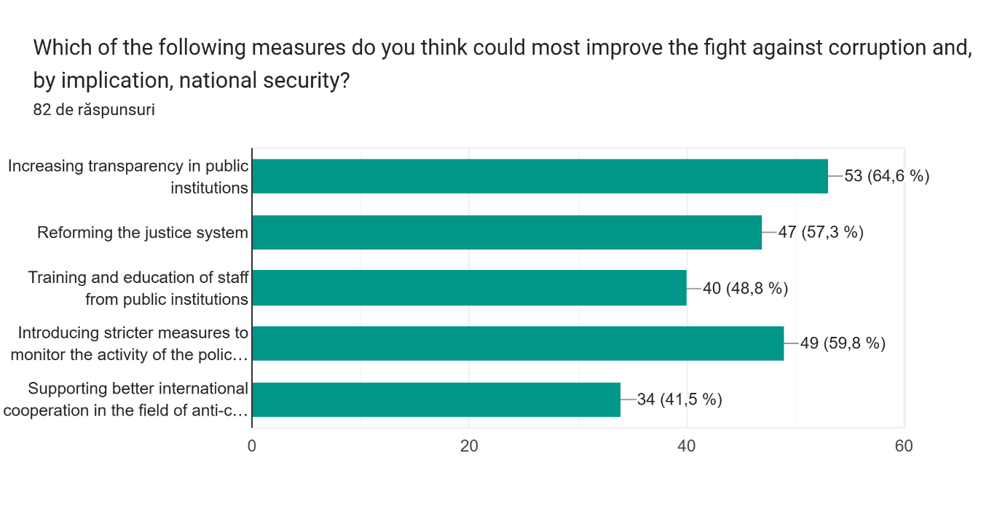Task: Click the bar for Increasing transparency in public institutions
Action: tap(540, 176)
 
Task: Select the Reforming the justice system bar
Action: tap(507, 232)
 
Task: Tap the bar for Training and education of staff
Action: tap(469, 288)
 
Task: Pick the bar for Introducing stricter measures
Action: tap(518, 343)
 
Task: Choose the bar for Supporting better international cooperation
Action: tap(436, 399)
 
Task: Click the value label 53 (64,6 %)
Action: tap(886, 176)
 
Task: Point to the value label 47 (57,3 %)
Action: tap(820, 232)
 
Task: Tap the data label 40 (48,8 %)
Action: tap(745, 288)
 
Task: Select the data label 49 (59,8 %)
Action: tap(843, 343)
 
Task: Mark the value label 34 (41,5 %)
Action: tap(679, 399)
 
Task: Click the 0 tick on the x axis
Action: tap(252, 446)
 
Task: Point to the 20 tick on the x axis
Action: tap(469, 446)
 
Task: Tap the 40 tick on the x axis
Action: tap(686, 446)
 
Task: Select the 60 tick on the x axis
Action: tap(904, 446)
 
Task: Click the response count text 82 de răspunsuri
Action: tap(94, 110)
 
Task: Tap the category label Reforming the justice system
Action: tap(143, 233)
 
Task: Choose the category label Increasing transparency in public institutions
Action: tap(129, 177)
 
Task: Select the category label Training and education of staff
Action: tap(138, 288)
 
